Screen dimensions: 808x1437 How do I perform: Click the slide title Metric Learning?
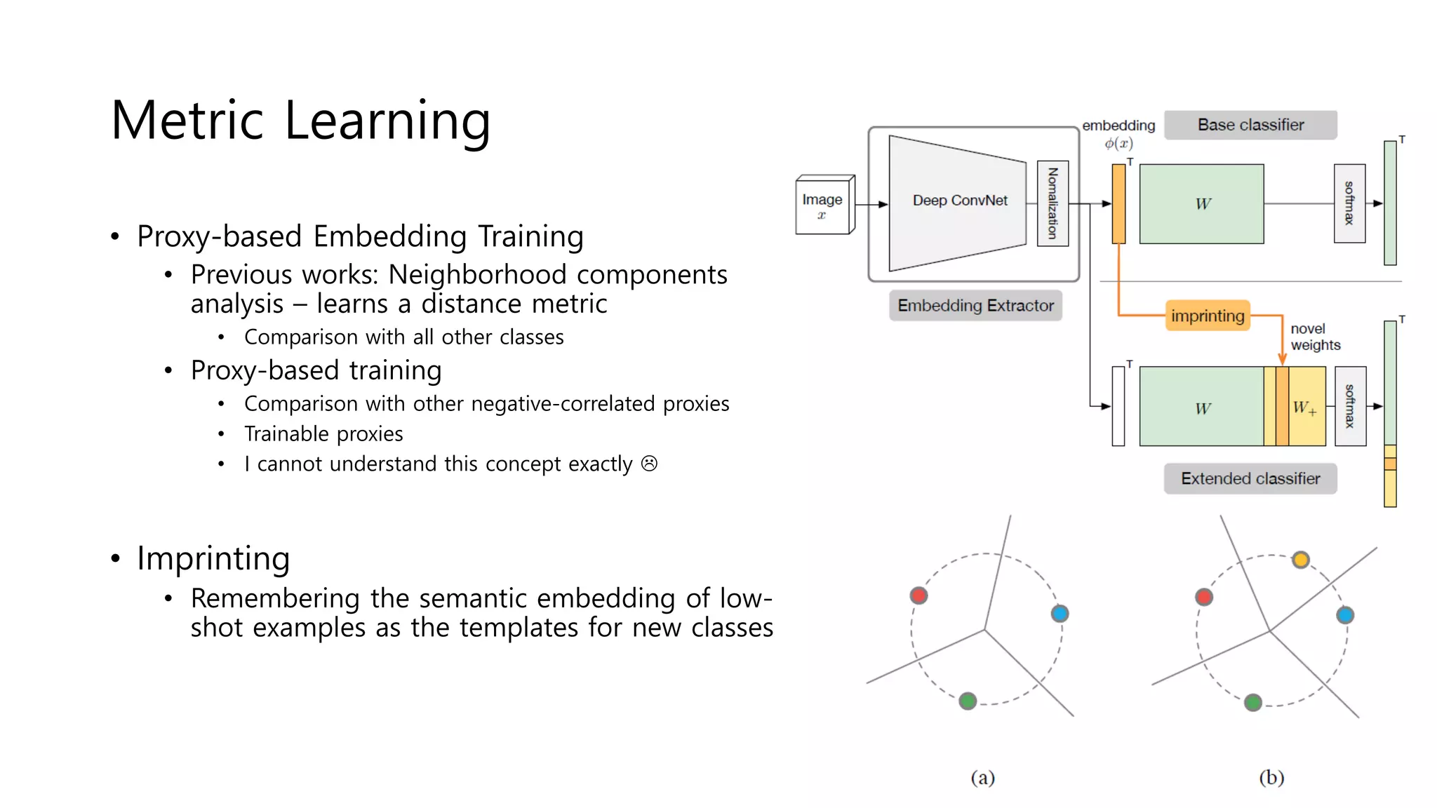300,121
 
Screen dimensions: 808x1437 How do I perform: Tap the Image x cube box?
823,206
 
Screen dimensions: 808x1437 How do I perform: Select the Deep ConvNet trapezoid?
958,202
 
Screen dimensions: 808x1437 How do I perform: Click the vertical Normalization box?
1052,203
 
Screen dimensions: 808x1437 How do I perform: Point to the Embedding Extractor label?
975,306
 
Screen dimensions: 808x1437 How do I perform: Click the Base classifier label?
1250,125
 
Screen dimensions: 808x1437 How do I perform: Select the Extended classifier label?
1250,479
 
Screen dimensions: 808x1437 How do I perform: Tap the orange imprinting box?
1208,316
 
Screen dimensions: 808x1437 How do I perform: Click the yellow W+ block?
1307,407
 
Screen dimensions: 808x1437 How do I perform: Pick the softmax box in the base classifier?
1349,203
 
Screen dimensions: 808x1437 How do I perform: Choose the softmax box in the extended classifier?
1350,406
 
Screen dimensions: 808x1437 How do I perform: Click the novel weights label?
1315,337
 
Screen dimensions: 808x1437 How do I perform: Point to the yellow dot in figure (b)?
1301,560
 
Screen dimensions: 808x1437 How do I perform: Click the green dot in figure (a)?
968,701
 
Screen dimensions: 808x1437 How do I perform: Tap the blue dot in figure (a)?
1060,614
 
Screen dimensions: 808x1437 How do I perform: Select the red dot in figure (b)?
1204,597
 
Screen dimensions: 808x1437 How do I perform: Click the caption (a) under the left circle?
982,777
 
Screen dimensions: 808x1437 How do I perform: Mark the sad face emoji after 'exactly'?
649,464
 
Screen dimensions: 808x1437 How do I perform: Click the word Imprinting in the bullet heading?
213,559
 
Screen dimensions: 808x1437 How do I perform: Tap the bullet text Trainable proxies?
323,434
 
